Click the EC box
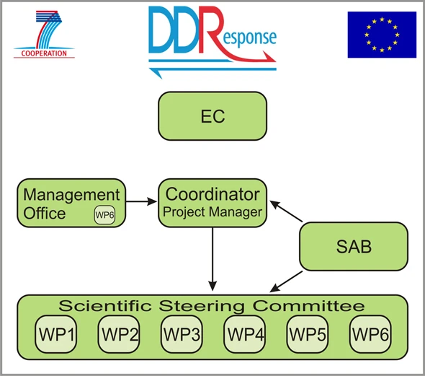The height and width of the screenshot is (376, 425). tap(212, 116)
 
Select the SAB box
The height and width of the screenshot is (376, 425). tap(354, 246)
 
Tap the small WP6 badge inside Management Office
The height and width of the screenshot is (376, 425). tap(104, 215)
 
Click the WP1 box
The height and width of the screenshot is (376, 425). tap(56, 334)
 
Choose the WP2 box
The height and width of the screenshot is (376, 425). tap(119, 334)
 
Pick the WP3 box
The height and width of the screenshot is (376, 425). tap(182, 334)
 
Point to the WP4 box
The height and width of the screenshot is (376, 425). tap(245, 334)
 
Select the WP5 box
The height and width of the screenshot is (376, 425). tap(308, 334)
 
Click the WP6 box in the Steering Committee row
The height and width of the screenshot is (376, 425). tap(370, 334)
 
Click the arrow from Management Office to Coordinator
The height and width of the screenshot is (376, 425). tap(141, 201)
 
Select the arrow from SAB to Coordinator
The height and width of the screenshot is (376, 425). tap(286, 211)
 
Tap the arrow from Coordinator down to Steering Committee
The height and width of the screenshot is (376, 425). tap(212, 259)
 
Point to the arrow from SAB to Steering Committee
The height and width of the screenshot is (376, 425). tap(286, 281)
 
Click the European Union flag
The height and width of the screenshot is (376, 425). tap(382, 35)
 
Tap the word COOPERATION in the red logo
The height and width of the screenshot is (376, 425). tap(44, 53)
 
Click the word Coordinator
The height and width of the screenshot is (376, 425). tap(212, 194)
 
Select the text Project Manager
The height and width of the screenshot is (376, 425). tap(212, 212)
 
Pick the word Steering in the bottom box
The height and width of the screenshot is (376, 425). tap(202, 307)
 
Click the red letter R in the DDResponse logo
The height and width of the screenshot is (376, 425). tap(211, 30)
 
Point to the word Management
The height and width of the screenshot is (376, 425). tap(71, 195)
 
